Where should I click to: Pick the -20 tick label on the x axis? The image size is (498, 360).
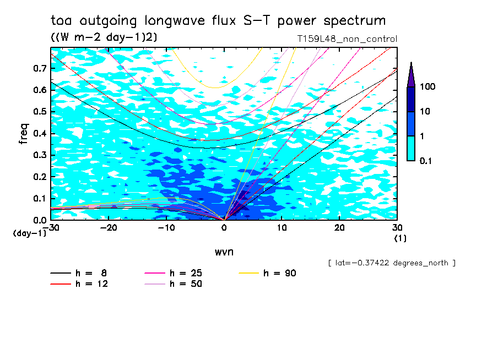[x=110, y=228]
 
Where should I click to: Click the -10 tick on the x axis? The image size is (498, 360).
[x=167, y=228]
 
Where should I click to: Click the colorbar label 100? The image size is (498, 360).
[x=428, y=87]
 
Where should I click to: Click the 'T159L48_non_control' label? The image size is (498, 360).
[x=347, y=39]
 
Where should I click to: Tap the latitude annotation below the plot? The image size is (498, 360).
[x=391, y=263]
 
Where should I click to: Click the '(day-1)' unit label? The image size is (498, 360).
[x=29, y=233]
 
